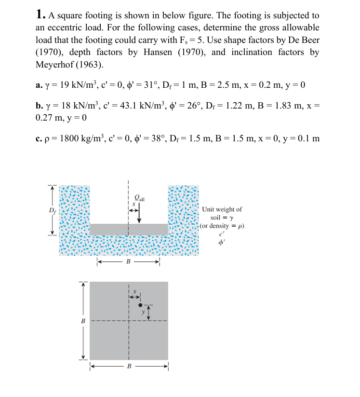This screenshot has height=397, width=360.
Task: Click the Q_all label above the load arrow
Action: click(x=141, y=197)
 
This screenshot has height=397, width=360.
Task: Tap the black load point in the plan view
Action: click(x=141, y=305)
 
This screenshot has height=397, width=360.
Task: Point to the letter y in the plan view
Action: click(x=143, y=312)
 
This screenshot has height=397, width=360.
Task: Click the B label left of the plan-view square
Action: click(x=83, y=321)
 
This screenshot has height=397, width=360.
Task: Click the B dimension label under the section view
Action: click(x=128, y=262)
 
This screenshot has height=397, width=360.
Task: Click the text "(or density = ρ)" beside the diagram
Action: click(x=222, y=226)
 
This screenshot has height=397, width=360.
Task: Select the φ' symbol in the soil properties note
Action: click(x=222, y=243)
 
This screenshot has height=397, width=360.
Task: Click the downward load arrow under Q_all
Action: click(x=140, y=212)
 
